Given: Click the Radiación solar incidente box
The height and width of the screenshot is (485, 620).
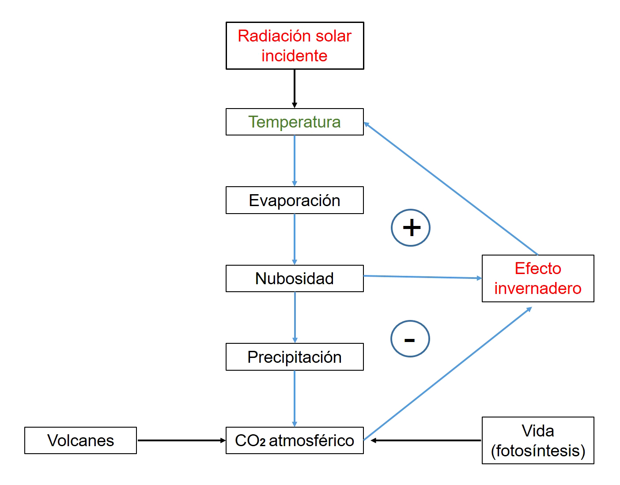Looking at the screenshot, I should [x=295, y=46].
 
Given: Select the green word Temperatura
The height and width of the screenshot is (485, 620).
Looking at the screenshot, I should [x=295, y=122].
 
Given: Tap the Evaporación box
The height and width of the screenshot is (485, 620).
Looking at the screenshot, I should [x=295, y=200].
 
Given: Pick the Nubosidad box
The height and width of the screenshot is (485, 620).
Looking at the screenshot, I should [x=295, y=278].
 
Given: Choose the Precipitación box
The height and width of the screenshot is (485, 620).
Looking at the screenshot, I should [x=295, y=357].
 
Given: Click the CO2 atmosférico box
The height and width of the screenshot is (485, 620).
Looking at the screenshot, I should [x=295, y=440].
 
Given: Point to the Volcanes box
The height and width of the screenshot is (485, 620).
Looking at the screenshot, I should [x=80, y=440].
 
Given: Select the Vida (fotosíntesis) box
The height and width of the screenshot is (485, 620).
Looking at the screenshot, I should [x=538, y=440].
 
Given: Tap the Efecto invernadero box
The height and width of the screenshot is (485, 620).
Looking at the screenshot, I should [x=538, y=278].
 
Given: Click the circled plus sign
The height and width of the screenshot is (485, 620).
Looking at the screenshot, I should [x=411, y=228].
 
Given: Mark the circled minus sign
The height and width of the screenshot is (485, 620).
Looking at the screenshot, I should [x=410, y=339].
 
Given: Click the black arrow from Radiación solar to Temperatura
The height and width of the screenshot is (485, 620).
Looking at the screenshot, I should [x=295, y=88].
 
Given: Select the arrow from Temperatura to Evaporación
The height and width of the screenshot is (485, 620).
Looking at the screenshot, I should [x=295, y=161].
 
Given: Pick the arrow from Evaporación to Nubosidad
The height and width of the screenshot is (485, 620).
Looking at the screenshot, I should [x=295, y=239].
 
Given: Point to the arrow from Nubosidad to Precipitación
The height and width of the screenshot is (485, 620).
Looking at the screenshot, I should [x=295, y=317].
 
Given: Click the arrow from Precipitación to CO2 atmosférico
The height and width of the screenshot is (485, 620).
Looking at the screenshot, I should [x=295, y=399].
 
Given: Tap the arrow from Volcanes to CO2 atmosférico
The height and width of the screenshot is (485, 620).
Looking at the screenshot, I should [x=181, y=440].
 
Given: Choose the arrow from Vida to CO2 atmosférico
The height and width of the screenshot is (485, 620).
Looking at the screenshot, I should [x=426, y=440].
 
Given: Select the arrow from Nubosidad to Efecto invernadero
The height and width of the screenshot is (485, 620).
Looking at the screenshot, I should [x=423, y=277].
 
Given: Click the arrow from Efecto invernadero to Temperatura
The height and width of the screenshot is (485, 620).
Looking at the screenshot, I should [x=450, y=188].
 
